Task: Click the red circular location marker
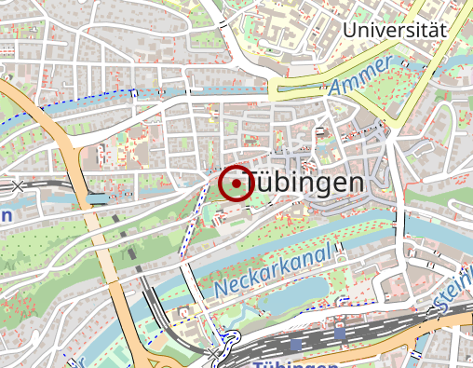tap(236, 184)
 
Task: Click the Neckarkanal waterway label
tap(274, 271)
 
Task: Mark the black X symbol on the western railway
tap(19, 186)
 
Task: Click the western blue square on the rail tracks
tap(296, 344)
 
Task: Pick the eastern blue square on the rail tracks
tap(340, 331)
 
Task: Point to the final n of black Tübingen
tap(352, 183)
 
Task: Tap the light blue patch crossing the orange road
tap(98, 198)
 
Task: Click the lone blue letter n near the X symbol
tap(5, 215)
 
